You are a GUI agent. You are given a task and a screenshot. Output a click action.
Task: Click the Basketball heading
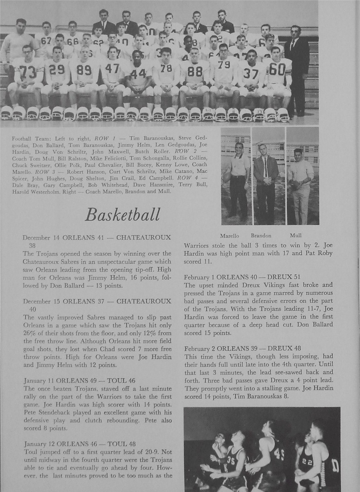tap(122, 215)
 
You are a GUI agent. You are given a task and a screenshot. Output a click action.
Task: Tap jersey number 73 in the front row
tap(28, 72)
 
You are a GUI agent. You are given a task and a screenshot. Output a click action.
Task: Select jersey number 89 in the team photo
tap(84, 70)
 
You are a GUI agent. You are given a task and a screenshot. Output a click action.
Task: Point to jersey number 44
tap(138, 74)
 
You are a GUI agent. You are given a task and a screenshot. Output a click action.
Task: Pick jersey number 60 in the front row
tap(277, 69)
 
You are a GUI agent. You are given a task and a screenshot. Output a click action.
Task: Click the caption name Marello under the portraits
tap(229, 236)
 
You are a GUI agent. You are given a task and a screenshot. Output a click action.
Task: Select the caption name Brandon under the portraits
tap(261, 236)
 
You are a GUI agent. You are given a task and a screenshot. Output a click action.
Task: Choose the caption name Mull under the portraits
tap(295, 236)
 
